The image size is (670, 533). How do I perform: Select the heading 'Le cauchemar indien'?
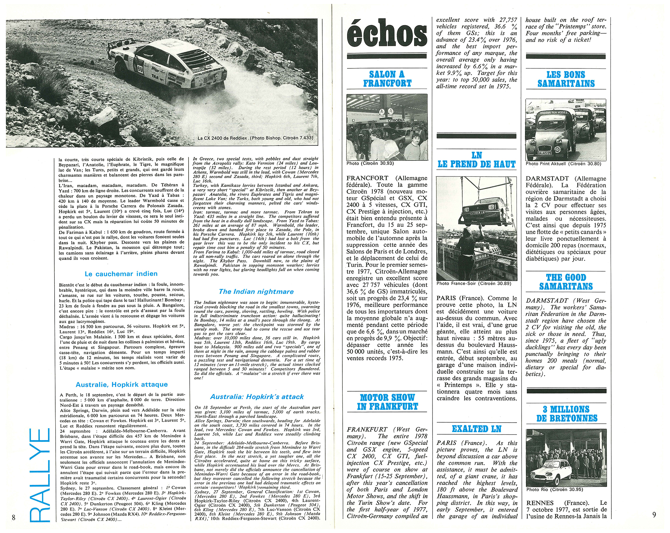[121, 274]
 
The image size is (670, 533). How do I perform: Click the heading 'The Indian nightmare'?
[256, 291]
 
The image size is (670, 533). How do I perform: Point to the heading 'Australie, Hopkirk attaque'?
[122, 384]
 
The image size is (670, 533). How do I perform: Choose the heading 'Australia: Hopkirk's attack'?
[257, 397]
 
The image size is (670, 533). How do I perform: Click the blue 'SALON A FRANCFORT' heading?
[387, 79]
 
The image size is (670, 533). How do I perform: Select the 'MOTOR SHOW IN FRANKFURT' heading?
[387, 402]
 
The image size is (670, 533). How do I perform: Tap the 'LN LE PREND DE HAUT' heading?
[476, 160]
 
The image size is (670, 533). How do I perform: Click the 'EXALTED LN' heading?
[476, 429]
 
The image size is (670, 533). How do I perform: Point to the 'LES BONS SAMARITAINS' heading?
[566, 79]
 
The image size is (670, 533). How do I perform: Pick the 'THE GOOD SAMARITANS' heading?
[566, 282]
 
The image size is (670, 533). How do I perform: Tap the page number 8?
[13, 518]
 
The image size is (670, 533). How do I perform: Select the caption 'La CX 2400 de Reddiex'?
[255, 138]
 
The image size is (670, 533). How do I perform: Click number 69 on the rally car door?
[140, 69]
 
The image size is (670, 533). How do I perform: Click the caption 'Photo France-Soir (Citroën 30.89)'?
[474, 284]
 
